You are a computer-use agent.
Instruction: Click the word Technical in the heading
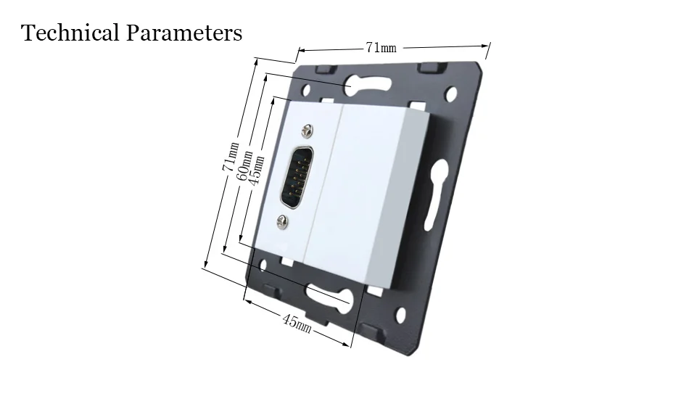tap(70, 33)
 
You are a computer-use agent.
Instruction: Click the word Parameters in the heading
tap(184, 33)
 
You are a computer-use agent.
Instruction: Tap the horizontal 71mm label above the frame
tap(381, 47)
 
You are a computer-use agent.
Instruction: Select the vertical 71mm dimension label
tap(230, 157)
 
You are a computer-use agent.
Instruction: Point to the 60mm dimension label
tap(244, 165)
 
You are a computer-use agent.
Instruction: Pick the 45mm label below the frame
tap(297, 323)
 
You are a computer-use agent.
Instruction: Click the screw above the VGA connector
tap(308, 131)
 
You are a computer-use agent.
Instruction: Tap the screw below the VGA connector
tap(282, 222)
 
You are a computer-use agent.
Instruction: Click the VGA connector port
tap(297, 177)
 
